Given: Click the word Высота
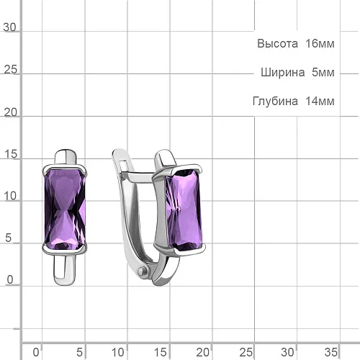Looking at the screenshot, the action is tap(277, 44).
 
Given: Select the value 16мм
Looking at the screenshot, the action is tap(320, 44).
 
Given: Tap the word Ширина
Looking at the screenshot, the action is tap(283, 72).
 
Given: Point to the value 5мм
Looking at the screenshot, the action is tap(323, 72).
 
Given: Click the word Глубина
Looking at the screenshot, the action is tap(275, 101).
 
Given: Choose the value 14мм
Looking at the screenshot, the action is tap(320, 101).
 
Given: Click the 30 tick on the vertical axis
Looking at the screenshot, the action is tap(9, 27).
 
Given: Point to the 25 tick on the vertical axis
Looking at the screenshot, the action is tap(11, 70).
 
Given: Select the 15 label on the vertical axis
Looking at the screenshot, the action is tap(11, 154).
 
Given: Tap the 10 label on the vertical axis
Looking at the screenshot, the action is tap(10, 196).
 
